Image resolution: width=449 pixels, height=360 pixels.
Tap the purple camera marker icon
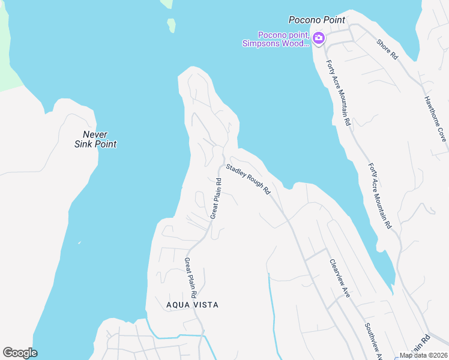[318, 38]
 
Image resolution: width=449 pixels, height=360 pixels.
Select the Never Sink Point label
[95, 139]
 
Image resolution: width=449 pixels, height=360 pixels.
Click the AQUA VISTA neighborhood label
[192, 305]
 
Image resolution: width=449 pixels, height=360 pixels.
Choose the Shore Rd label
[387, 49]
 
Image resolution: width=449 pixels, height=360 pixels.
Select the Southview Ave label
[373, 342]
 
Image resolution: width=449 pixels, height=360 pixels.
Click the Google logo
[20, 353]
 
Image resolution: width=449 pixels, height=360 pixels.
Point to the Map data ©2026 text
[423, 355]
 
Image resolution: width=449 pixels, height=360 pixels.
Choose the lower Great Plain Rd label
[191, 278]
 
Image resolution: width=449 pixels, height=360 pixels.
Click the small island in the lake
[172, 25]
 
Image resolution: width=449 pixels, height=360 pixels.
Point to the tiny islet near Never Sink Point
[79, 243]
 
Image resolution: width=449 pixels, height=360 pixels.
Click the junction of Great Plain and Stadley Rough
[223, 157]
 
